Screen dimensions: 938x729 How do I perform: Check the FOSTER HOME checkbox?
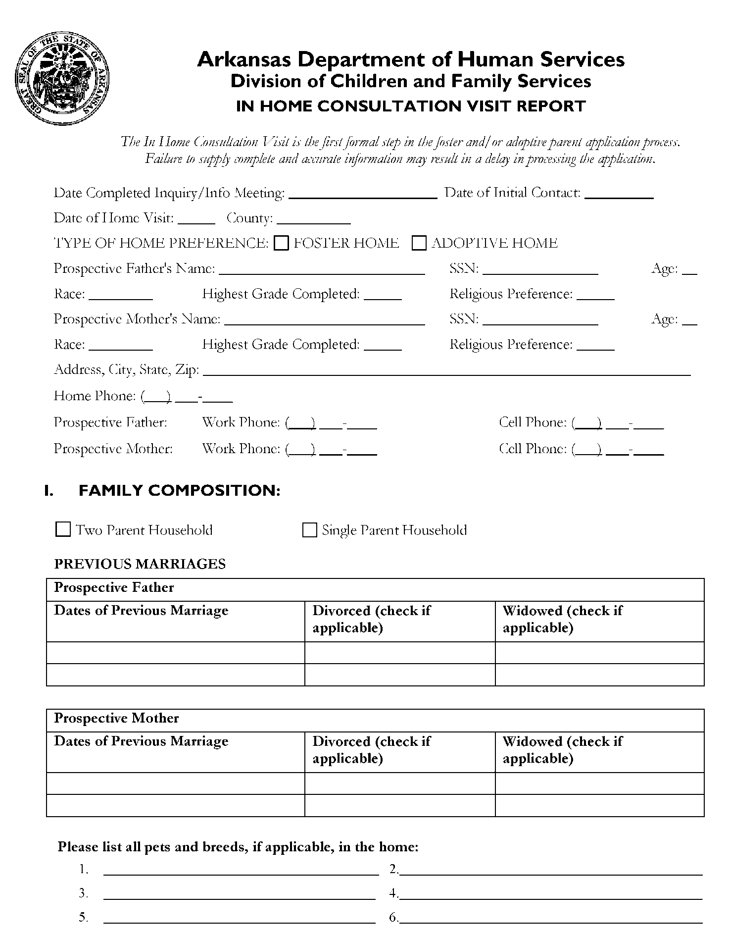coord(281,243)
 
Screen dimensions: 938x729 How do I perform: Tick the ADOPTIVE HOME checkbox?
coord(419,243)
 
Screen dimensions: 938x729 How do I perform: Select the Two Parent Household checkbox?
coord(63,529)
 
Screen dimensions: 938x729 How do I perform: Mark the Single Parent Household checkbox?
coord(309,530)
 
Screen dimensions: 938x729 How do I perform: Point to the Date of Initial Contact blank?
coord(619,195)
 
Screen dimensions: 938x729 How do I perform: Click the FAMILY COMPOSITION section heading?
coord(179,490)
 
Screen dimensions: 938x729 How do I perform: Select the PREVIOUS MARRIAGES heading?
coord(140,564)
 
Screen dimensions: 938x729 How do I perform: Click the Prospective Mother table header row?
coord(375,719)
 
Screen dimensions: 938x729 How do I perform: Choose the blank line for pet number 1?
coord(241,872)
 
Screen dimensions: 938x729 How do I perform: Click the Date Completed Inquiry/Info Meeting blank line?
coord(363,195)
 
